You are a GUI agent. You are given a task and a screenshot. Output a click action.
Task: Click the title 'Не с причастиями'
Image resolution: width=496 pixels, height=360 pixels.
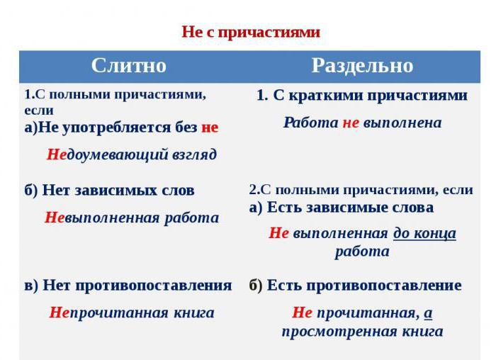tap(251, 33)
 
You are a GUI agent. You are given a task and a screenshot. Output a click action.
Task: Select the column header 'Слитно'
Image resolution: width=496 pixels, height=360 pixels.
tap(129, 66)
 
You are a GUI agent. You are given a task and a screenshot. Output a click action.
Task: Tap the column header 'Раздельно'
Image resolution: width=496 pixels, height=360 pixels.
tap(363, 66)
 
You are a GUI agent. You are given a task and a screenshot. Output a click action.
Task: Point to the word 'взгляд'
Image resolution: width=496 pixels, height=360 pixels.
tap(195, 155)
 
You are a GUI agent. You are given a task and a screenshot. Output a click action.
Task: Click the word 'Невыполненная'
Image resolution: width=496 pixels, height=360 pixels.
tap(102, 218)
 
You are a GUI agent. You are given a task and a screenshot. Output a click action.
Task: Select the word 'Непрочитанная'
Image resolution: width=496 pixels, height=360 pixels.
tap(109, 313)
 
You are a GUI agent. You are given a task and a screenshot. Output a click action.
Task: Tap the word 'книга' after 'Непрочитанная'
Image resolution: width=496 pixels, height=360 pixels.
tap(194, 313)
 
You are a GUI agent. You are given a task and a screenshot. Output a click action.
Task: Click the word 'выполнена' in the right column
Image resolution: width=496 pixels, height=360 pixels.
tap(402, 123)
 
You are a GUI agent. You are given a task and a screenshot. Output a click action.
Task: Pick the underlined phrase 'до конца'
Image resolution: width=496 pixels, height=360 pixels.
tap(425, 234)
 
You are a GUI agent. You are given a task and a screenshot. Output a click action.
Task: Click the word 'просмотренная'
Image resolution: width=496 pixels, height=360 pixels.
tap(339, 332)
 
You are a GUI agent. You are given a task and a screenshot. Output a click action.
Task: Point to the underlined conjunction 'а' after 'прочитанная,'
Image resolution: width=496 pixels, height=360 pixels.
tap(428, 313)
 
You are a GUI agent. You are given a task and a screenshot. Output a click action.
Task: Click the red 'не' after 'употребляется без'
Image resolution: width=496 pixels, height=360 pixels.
tap(210, 128)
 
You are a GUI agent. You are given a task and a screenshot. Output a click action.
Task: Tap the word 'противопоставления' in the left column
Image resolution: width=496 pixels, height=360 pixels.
tap(154, 286)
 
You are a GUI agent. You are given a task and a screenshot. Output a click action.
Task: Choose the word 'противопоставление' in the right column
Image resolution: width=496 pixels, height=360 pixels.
tap(384, 286)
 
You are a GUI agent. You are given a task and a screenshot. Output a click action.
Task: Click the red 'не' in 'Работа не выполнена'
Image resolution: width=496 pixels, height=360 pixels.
tap(351, 123)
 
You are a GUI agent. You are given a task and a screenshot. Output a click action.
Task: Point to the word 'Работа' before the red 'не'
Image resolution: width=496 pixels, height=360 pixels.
tap(311, 123)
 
